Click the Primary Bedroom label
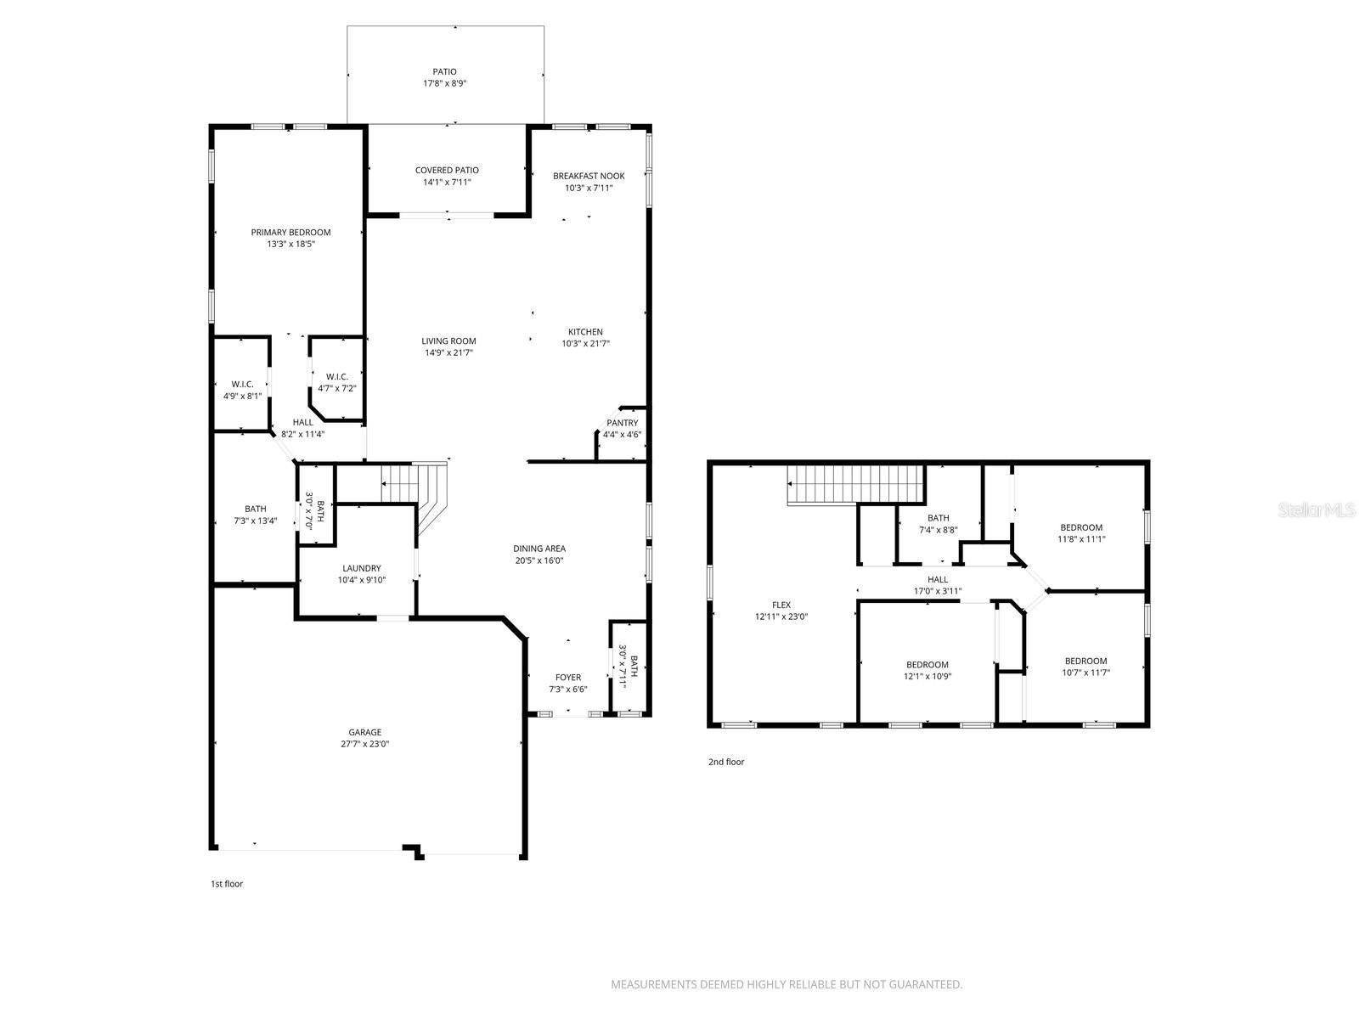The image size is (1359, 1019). pos(290,233)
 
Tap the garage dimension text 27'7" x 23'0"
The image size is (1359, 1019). pos(365,744)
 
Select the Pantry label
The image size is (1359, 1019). pos(622,423)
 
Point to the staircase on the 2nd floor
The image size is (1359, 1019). pos(854,484)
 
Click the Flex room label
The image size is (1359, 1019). pos(781,605)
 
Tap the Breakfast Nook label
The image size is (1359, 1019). pos(589,176)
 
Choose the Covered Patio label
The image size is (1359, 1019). pos(447,171)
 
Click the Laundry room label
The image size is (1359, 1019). pos(362,569)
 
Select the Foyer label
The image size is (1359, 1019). pos(568,678)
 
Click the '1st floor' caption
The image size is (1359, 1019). pos(227,884)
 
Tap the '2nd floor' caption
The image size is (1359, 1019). pos(726,762)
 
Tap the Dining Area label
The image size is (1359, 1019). pos(539,549)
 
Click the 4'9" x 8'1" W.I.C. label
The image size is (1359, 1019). pos(242,385)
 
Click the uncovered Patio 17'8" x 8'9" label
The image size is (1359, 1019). pos(445,72)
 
